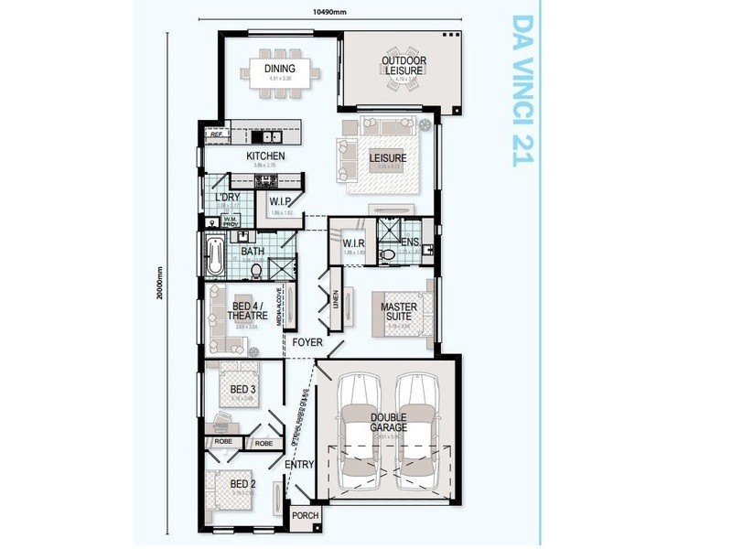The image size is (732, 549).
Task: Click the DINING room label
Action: pyautogui.click(x=280, y=70)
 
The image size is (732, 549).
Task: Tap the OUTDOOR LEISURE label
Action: pyautogui.click(x=404, y=66)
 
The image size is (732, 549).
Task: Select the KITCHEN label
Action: pyautogui.click(x=266, y=156)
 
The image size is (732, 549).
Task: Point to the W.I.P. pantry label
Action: pyautogui.click(x=281, y=201)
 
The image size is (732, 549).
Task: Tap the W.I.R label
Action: pyautogui.click(x=355, y=243)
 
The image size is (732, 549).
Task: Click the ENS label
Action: pyautogui.click(x=409, y=242)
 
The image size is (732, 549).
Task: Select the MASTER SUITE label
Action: pyautogui.click(x=399, y=311)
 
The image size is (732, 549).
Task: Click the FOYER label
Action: pyautogui.click(x=308, y=341)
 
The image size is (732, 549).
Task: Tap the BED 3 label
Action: pyautogui.click(x=242, y=389)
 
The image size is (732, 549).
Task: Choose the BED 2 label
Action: pyautogui.click(x=242, y=484)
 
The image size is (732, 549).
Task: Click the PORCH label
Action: pyautogui.click(x=304, y=516)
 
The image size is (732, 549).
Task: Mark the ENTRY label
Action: pyautogui.click(x=299, y=465)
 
